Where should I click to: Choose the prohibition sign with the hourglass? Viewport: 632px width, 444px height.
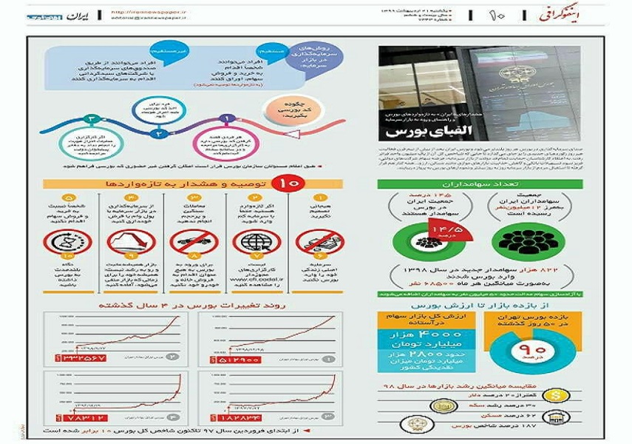(x=68, y=243)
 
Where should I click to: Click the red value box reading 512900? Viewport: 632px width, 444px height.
(x=241, y=359)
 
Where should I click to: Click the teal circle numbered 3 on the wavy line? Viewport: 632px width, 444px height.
(x=89, y=118)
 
